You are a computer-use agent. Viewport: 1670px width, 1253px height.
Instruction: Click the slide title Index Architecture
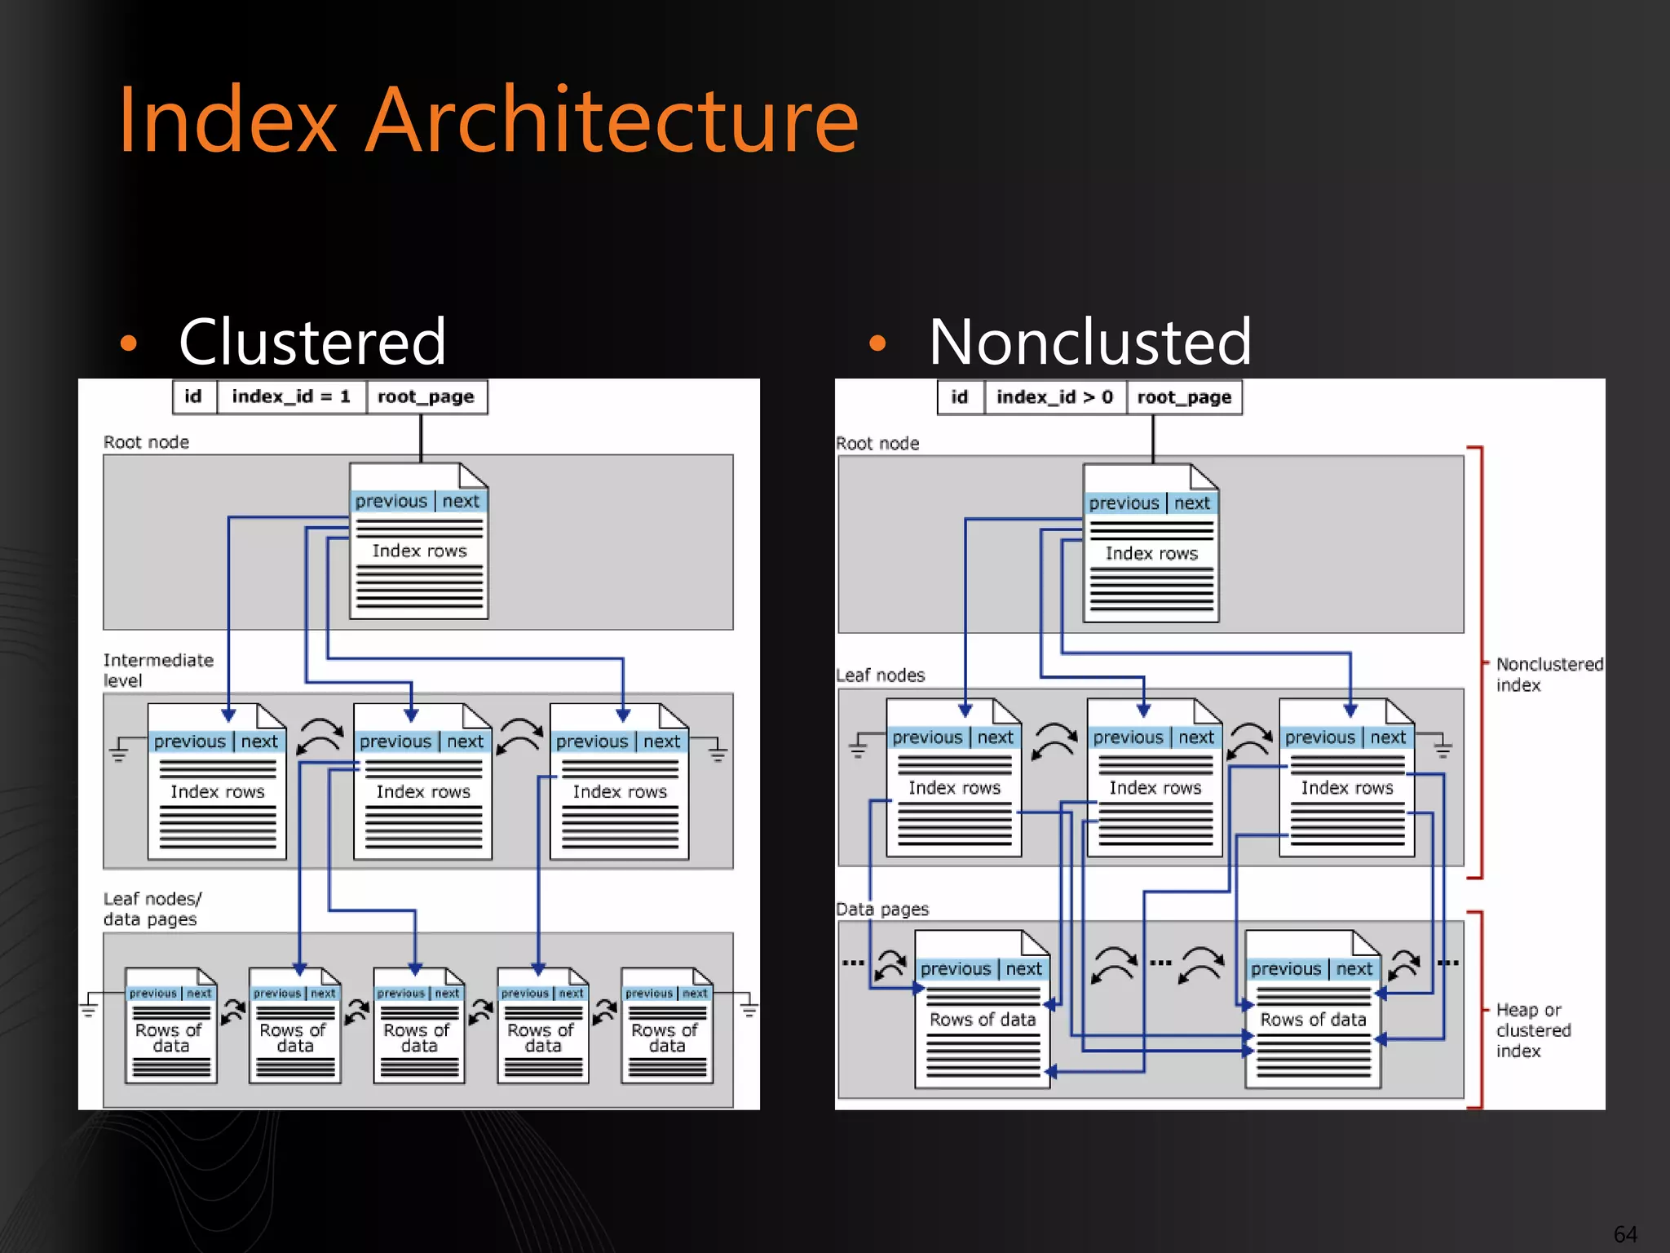(x=488, y=121)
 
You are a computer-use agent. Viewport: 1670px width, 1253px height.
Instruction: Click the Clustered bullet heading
(x=312, y=342)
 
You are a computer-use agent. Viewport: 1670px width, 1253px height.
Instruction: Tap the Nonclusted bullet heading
(x=1089, y=342)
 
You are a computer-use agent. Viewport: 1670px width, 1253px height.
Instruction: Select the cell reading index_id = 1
(x=291, y=397)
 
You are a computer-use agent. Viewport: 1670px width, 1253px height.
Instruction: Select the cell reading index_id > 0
(x=1054, y=398)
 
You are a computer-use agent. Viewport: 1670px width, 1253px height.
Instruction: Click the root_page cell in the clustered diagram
(x=426, y=397)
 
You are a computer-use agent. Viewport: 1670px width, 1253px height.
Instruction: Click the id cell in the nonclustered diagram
(x=960, y=398)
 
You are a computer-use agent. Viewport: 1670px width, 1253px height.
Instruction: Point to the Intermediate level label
(x=157, y=670)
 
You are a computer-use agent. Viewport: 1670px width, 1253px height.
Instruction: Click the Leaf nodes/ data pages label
(x=152, y=909)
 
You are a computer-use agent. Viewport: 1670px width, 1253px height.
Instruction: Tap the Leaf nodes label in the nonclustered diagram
(x=881, y=675)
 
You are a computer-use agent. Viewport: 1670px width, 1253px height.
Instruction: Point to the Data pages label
(x=882, y=910)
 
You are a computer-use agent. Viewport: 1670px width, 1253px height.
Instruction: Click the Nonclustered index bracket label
(x=1548, y=675)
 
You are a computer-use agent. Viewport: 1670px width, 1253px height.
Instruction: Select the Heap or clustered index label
(x=1532, y=1030)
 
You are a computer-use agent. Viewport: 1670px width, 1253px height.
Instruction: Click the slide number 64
(x=1624, y=1233)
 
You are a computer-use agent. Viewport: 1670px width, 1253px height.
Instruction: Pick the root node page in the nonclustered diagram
(x=1151, y=544)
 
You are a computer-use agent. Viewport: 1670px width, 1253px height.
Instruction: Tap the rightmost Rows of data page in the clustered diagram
(x=666, y=1027)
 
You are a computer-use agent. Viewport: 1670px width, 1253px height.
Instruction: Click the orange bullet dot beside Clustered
(x=128, y=343)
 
